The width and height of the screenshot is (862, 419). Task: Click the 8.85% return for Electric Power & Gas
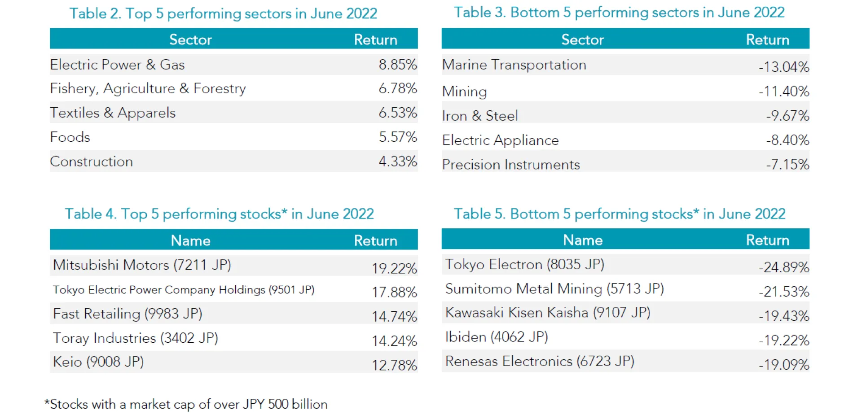pyautogui.click(x=397, y=65)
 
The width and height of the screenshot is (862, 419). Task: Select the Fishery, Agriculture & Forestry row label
pyautogui.click(x=148, y=89)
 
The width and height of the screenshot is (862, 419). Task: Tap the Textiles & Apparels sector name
pyautogui.click(x=113, y=113)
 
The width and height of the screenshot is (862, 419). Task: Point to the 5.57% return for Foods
pyautogui.click(x=397, y=137)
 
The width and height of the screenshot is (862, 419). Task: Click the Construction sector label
pyautogui.click(x=91, y=161)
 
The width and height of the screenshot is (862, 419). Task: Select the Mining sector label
pyautogui.click(x=464, y=92)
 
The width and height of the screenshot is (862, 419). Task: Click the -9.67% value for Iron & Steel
pyautogui.click(x=787, y=116)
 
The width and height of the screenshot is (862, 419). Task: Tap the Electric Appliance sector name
pyautogui.click(x=500, y=140)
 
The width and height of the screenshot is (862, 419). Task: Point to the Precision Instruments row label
pyautogui.click(x=510, y=165)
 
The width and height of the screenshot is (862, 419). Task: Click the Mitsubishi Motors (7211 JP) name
pyautogui.click(x=142, y=265)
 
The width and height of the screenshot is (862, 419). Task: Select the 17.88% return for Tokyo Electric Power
pyautogui.click(x=394, y=292)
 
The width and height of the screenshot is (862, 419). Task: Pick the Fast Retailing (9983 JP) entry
pyautogui.click(x=128, y=314)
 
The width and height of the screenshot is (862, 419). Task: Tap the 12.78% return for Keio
pyautogui.click(x=394, y=365)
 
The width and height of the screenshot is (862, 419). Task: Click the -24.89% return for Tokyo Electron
pyautogui.click(x=783, y=267)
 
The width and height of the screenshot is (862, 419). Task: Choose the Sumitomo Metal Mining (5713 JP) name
pyautogui.click(x=554, y=289)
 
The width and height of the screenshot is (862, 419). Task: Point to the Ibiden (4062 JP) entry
pyautogui.click(x=496, y=337)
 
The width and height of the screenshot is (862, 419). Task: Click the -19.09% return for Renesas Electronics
pyautogui.click(x=783, y=365)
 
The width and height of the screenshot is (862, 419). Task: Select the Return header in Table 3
pyautogui.click(x=767, y=40)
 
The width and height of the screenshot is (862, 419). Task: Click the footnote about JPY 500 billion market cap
pyautogui.click(x=186, y=404)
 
